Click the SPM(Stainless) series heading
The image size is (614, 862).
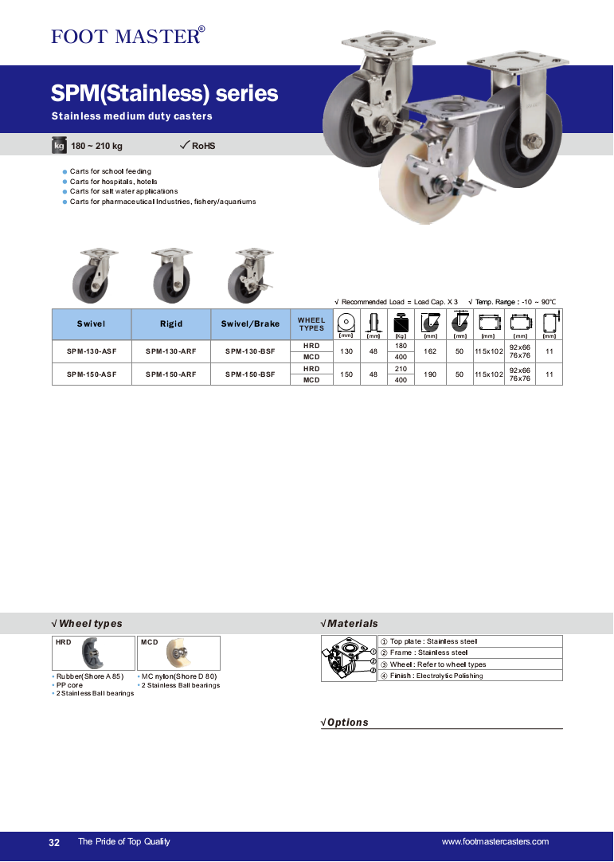coord(164,94)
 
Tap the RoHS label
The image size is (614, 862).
coord(203,146)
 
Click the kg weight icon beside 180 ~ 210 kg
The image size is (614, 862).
coord(58,146)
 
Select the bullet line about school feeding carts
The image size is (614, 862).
coord(110,171)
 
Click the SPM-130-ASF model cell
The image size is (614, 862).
coord(92,351)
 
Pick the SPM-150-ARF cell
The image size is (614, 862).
coord(171,374)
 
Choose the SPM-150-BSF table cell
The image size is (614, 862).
coord(250,374)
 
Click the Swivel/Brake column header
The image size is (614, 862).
coord(250,323)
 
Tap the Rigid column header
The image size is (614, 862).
coord(171,323)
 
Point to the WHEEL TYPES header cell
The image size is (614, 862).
coord(311,323)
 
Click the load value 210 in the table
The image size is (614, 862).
coord(401,369)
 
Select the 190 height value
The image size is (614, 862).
coord(431,374)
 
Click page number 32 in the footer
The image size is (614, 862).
coord(54,842)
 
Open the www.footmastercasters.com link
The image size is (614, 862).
coord(495,842)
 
